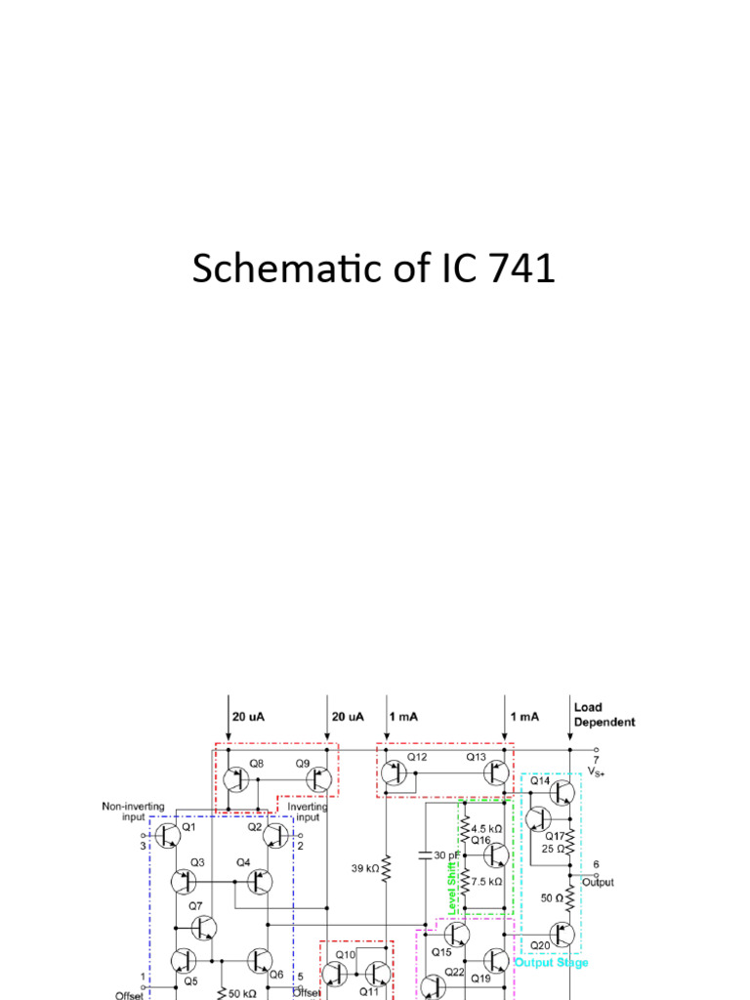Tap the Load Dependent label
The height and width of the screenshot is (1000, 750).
pos(604,715)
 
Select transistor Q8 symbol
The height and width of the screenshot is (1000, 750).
pos(235,779)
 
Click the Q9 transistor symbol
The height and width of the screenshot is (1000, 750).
pos(318,779)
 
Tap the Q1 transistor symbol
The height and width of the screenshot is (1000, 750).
pos(169,835)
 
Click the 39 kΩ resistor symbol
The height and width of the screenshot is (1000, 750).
pos(387,866)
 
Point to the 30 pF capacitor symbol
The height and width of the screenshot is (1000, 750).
pos(426,855)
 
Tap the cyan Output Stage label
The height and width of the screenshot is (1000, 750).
pos(552,963)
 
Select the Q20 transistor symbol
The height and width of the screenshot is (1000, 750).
pos(561,936)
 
